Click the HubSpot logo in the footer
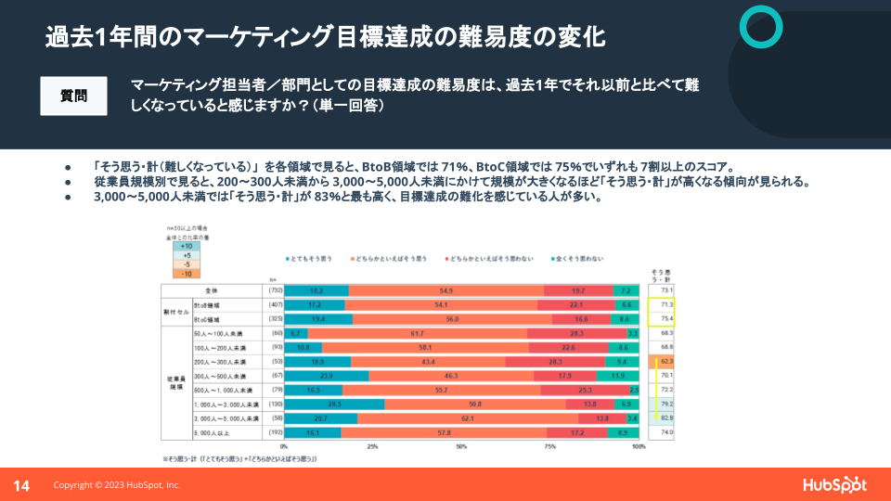click(834, 484)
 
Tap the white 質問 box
click(73, 96)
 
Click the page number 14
click(21, 485)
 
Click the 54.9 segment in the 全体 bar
click(445, 290)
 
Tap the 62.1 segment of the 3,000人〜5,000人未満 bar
click(481, 419)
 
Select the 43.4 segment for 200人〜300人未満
click(428, 361)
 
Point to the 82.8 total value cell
click(665, 419)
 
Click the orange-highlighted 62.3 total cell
click(665, 361)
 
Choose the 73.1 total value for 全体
click(665, 290)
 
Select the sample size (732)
click(274, 290)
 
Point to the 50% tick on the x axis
click(461, 447)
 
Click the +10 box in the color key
click(187, 246)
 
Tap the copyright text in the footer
click(117, 485)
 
